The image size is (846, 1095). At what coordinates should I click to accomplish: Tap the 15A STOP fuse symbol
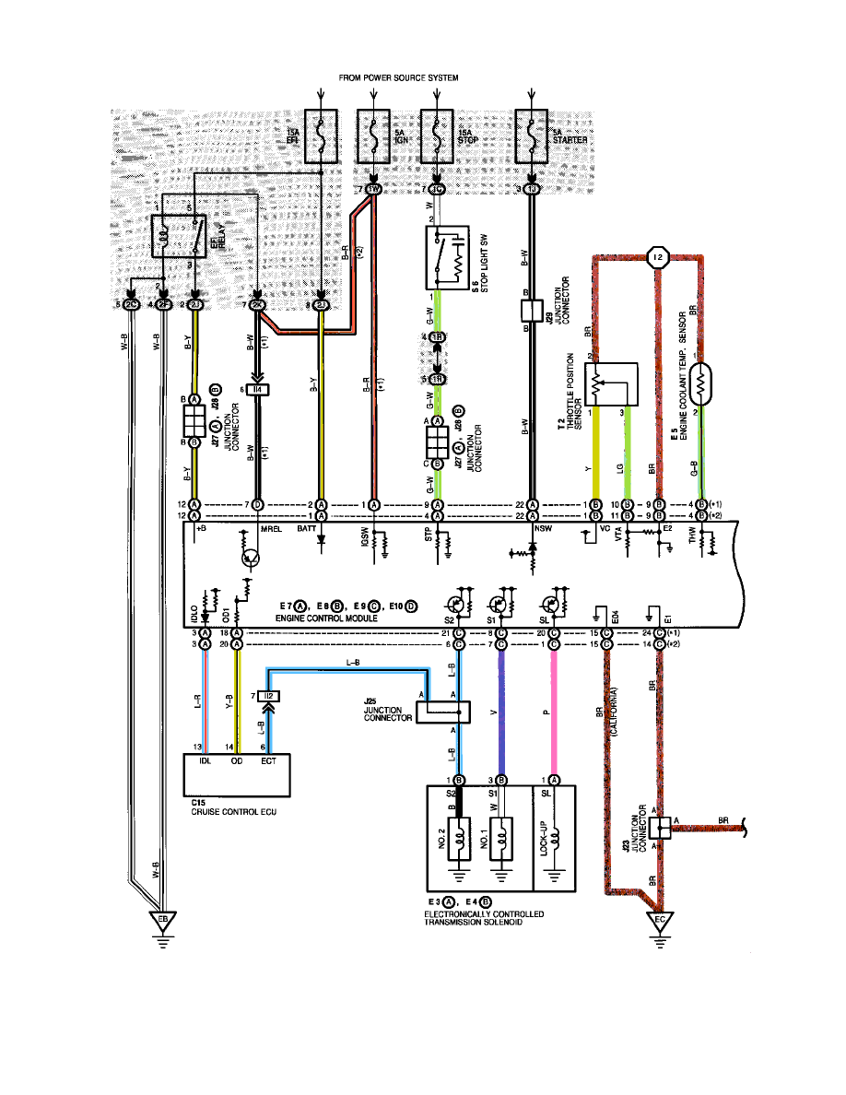click(x=435, y=137)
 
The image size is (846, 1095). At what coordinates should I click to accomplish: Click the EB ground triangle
click(x=163, y=920)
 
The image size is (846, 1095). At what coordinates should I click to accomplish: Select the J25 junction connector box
click(x=443, y=712)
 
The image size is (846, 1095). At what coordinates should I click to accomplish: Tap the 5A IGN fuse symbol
click(x=374, y=137)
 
